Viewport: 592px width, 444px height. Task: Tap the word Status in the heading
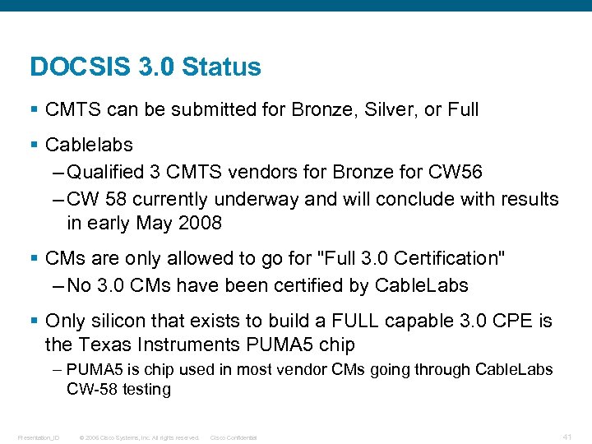tap(222, 67)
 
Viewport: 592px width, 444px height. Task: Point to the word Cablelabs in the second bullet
tap(89, 145)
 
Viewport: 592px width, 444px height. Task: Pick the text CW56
tap(456, 173)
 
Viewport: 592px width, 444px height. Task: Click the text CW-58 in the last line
tap(93, 389)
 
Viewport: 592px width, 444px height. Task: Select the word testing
tap(146, 389)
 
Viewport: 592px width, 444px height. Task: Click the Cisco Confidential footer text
tap(234, 437)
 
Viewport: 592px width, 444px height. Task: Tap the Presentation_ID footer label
tap(39, 437)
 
